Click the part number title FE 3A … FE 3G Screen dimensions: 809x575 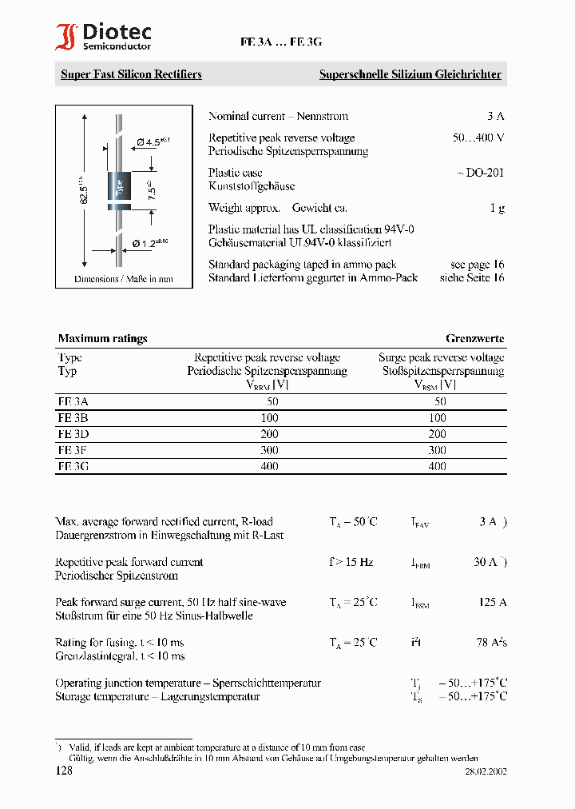coord(280,44)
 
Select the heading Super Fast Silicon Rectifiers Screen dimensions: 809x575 coord(131,74)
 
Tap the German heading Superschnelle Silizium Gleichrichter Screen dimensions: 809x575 coord(410,74)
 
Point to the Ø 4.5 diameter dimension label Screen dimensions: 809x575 coord(153,141)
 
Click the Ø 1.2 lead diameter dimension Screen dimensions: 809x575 coord(149,242)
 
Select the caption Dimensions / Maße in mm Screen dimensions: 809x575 coord(124,279)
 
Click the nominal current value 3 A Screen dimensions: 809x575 coord(495,116)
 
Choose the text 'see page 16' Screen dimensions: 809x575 coord(477,264)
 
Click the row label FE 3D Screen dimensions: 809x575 coord(73,433)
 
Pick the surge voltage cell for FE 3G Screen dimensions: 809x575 coord(437,465)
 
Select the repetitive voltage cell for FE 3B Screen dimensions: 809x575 coord(269,417)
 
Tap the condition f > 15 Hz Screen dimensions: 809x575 coord(351,562)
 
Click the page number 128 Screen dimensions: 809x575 coord(64,771)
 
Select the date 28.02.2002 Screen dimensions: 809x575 coord(486,771)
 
